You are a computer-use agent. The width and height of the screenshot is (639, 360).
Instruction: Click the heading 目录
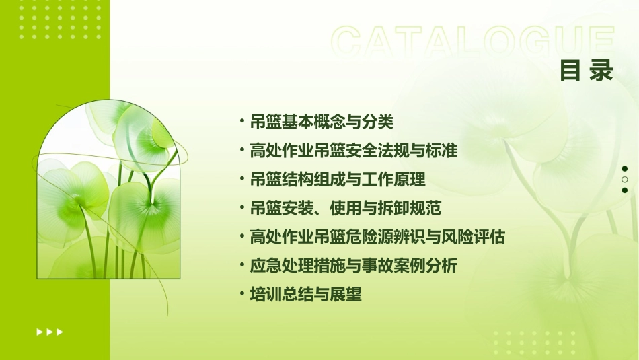click(x=587, y=71)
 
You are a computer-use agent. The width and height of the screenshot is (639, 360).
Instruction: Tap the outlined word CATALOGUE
click(x=473, y=42)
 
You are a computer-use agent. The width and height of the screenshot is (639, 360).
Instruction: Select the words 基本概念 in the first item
click(x=304, y=122)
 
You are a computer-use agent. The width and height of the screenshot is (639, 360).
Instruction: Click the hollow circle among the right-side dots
click(x=624, y=180)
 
